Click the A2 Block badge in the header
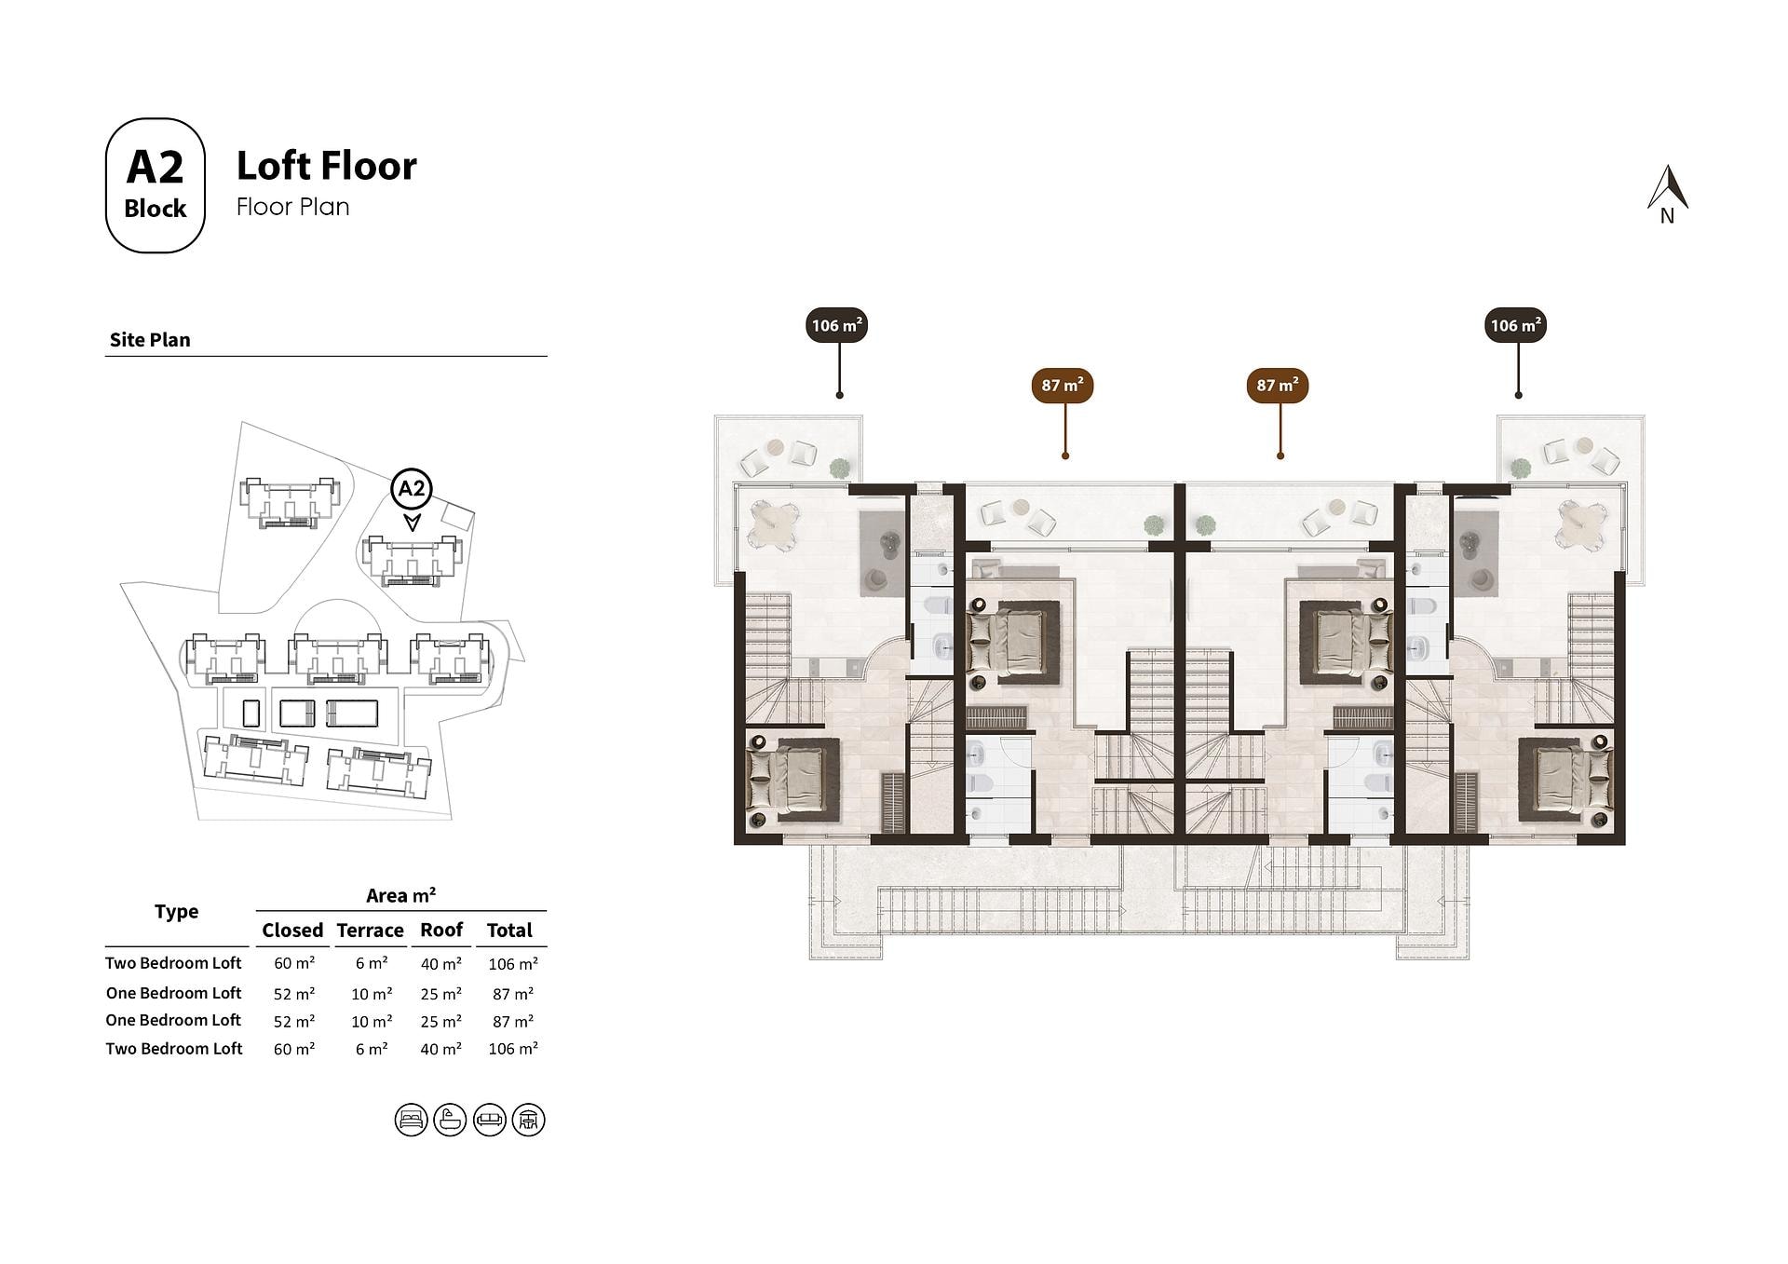155,185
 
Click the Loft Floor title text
327,166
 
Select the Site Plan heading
150,340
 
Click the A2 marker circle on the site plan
412,489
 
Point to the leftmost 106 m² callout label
837,325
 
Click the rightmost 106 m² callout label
1516,325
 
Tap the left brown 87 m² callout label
1063,385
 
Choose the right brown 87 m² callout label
1278,385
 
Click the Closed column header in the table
292,930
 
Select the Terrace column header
371,930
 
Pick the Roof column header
441,930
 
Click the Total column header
509,930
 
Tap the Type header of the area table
177,912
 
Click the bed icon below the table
411,1120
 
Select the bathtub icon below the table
450,1120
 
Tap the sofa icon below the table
490,1120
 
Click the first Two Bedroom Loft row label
173,963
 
